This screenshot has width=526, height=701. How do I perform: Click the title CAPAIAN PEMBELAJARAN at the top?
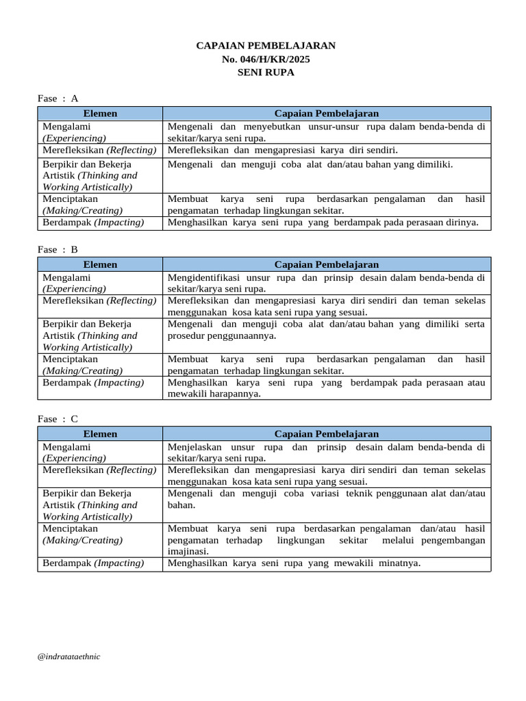[x=266, y=46]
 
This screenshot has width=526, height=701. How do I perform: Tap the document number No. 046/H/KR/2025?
[x=266, y=59]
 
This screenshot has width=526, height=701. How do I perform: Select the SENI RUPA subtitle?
[x=266, y=72]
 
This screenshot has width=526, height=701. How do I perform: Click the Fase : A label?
[x=58, y=99]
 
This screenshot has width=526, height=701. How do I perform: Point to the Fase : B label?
[x=58, y=250]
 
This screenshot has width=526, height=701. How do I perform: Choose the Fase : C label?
[x=58, y=419]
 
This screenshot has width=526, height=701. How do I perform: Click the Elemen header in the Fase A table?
[x=100, y=114]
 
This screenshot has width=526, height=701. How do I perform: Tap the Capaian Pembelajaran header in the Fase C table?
[x=326, y=434]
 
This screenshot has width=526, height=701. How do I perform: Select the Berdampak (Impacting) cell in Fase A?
[x=93, y=222]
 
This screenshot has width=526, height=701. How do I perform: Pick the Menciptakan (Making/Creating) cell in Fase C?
[x=83, y=535]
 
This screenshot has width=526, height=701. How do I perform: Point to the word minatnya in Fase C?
[x=396, y=563]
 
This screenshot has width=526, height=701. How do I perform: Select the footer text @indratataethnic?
[x=69, y=657]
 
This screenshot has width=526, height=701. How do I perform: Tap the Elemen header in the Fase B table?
[x=100, y=264]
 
